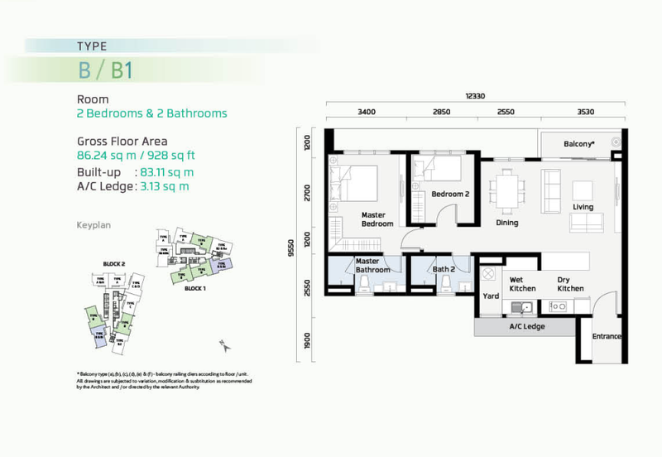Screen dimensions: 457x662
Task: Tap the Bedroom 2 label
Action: pyautogui.click(x=450, y=195)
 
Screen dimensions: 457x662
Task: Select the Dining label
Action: pyautogui.click(x=506, y=223)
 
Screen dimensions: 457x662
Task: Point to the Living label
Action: pyautogui.click(x=583, y=207)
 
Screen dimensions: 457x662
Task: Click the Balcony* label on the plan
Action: pyautogui.click(x=578, y=144)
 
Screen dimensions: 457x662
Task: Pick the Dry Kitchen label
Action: pyautogui.click(x=570, y=284)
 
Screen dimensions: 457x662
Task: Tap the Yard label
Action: pyautogui.click(x=489, y=296)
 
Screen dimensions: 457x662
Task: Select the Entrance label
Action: pyautogui.click(x=607, y=337)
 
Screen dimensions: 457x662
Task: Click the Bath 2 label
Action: pyautogui.click(x=444, y=269)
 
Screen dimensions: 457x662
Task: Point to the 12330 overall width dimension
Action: pyautogui.click(x=474, y=96)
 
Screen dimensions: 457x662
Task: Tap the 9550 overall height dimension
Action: pyautogui.click(x=290, y=248)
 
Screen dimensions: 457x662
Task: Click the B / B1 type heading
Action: pyautogui.click(x=105, y=70)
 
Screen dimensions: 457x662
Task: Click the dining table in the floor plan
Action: pyautogui.click(x=506, y=190)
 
